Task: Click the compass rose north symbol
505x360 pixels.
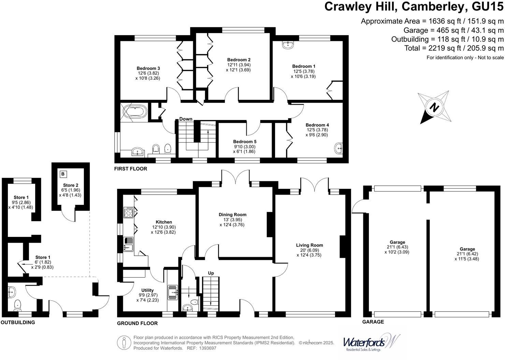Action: [434, 107]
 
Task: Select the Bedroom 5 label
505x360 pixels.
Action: [245, 141]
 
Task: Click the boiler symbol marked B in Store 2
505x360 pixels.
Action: [63, 174]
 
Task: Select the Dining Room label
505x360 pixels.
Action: [232, 214]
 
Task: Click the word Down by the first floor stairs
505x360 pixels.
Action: [186, 119]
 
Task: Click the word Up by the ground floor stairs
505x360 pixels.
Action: [211, 273]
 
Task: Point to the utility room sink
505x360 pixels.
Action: [173, 292]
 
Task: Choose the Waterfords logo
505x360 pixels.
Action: [371, 343]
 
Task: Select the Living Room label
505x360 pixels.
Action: [309, 245]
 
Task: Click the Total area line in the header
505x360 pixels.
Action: [454, 48]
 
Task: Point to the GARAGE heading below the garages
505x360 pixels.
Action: [373, 322]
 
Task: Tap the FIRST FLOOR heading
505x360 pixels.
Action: [131, 169]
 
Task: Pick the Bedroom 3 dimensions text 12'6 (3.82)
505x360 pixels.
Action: [148, 73]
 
